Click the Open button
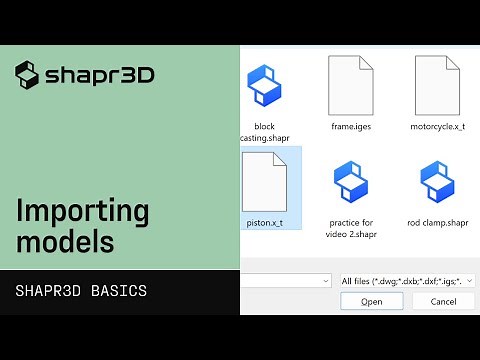371,301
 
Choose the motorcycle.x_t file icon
437,85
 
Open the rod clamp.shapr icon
438,181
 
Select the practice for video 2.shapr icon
351,181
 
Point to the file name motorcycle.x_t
438,127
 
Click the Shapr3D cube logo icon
27,74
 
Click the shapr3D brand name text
99,75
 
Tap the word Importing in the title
83,212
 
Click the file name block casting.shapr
264,133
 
